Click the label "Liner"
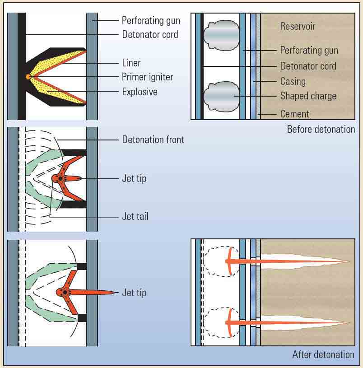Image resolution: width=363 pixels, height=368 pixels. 131,63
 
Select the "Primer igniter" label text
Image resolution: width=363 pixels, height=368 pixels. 147,77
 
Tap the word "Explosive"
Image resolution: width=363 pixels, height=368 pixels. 140,92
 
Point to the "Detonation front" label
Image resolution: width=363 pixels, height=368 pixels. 153,140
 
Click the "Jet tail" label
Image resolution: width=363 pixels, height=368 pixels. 135,216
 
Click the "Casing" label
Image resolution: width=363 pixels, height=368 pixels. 293,82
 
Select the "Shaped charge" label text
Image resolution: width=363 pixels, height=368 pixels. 308,96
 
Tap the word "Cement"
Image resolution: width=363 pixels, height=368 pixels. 294,114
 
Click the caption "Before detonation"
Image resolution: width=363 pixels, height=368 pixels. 321,129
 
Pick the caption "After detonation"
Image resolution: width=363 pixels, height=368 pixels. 323,354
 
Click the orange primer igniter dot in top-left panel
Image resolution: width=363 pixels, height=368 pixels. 28,77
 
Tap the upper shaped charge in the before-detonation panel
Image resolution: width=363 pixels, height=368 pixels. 221,35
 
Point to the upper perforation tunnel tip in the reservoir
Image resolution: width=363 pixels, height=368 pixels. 349,261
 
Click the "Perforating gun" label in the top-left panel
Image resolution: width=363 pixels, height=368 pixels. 151,20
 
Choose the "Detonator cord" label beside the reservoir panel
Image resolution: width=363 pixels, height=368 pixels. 308,66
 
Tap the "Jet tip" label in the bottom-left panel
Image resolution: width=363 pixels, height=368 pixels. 134,293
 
